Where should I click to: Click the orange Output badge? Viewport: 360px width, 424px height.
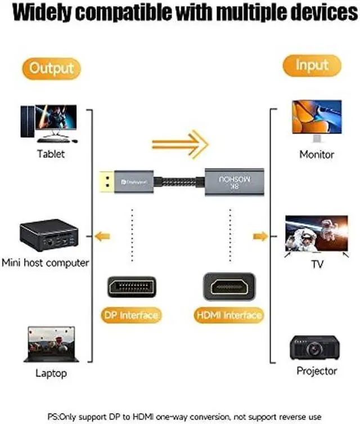pyautogui.click(x=52, y=69)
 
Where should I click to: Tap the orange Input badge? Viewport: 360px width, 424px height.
pyautogui.click(x=312, y=65)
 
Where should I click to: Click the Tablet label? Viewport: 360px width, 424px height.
pyautogui.click(x=51, y=154)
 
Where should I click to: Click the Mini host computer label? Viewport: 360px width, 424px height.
pyautogui.click(x=46, y=262)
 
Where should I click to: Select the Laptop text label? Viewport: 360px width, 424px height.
pyautogui.click(x=51, y=373)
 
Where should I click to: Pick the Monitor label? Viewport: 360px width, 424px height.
pyautogui.click(x=317, y=154)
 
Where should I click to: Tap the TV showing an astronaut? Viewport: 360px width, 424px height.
pyautogui.click(x=316, y=234)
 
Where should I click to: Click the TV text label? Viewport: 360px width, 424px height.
pyautogui.click(x=317, y=264)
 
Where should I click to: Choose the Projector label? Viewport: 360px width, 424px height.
pyautogui.click(x=317, y=371)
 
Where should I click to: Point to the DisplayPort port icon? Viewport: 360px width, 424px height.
pyautogui.click(x=132, y=287)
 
